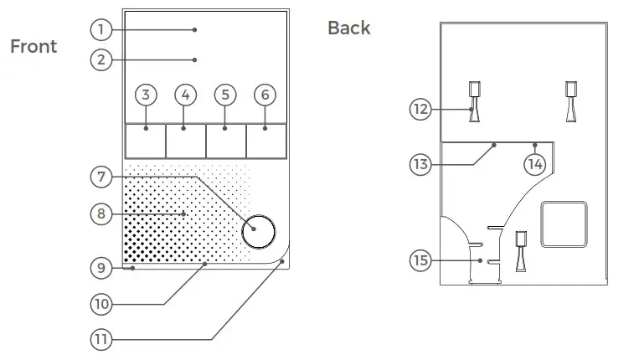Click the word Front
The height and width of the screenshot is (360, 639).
click(x=33, y=46)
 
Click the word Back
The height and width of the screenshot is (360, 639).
click(x=348, y=28)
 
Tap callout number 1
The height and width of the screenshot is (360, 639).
click(x=101, y=29)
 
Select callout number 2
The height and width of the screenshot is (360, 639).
click(x=101, y=59)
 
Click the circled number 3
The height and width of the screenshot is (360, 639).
click(x=146, y=95)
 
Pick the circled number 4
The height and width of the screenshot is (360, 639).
click(x=186, y=95)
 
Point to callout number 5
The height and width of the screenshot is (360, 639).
click(x=225, y=95)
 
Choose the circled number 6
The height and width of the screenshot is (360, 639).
click(x=265, y=95)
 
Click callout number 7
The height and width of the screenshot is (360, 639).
click(x=101, y=177)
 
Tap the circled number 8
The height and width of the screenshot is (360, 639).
click(x=101, y=213)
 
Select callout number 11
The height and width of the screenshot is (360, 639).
click(x=101, y=339)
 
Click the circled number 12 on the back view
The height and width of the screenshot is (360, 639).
click(x=420, y=108)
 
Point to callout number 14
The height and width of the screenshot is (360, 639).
click(x=534, y=164)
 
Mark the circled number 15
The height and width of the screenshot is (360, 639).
click(x=420, y=260)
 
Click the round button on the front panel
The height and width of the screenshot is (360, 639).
click(x=258, y=230)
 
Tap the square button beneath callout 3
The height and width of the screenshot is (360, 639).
click(x=145, y=140)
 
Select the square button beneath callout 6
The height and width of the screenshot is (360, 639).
click(x=266, y=140)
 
